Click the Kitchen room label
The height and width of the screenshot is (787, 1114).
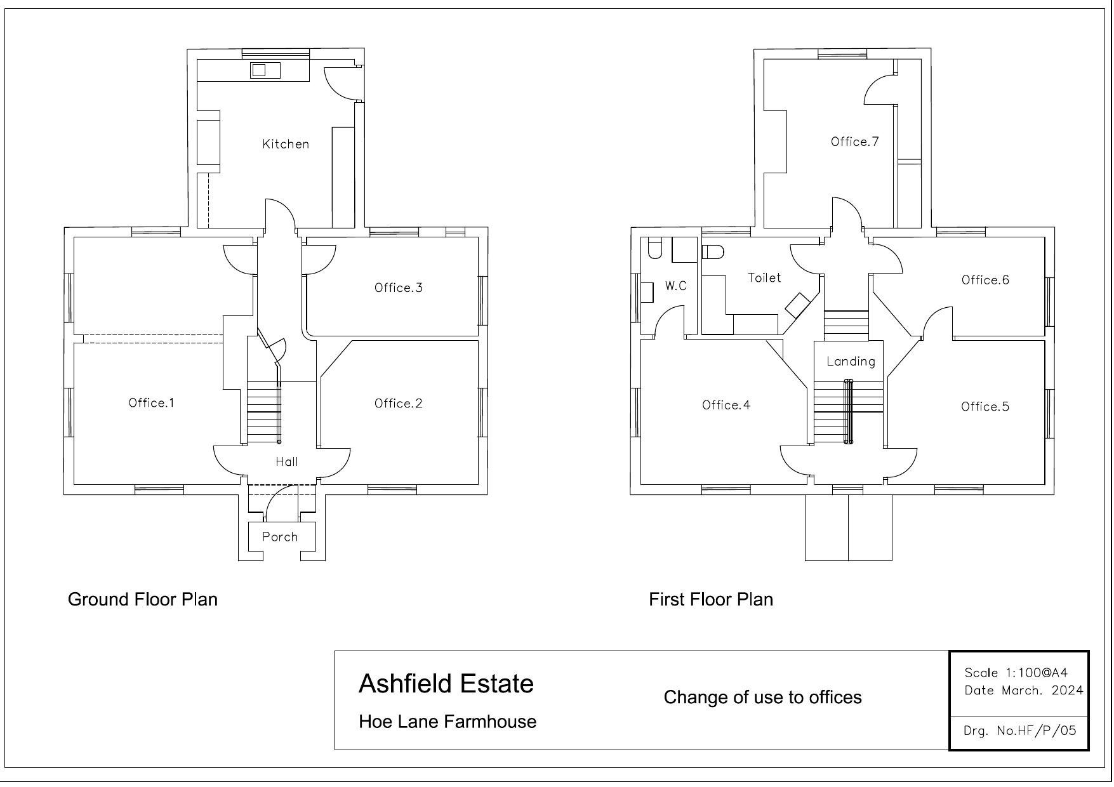286,144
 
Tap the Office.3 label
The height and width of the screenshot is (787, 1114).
398,288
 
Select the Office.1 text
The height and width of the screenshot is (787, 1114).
151,402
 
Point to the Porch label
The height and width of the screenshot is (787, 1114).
280,537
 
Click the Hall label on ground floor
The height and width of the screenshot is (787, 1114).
287,461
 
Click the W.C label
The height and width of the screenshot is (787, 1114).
675,286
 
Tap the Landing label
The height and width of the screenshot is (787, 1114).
851,361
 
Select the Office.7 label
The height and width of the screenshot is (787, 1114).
854,141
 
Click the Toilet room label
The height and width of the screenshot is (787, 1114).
764,277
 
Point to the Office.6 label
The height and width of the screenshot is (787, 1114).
985,280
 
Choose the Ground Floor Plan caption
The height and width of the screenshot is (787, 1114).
143,599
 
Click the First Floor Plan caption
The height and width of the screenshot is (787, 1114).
710,599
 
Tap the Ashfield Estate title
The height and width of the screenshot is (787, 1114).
446,684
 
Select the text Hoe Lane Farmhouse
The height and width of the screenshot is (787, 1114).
448,722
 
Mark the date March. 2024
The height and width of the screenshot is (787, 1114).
1042,691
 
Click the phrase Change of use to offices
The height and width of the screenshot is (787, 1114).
762,698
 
